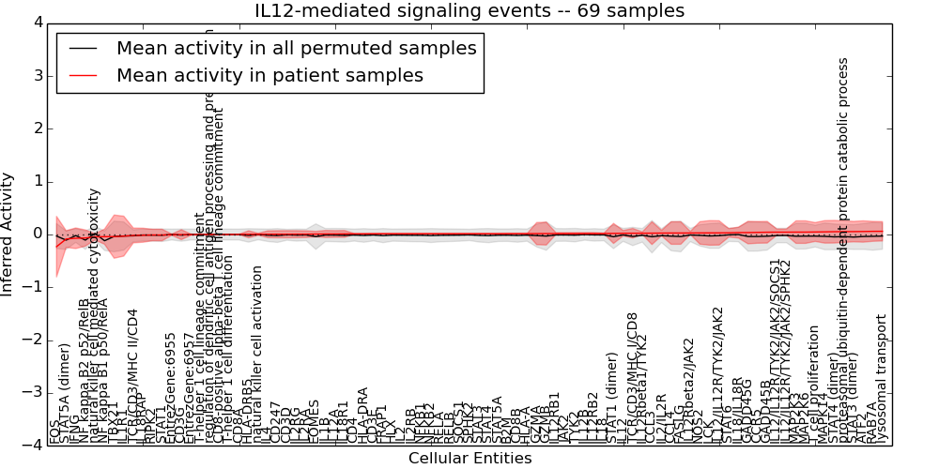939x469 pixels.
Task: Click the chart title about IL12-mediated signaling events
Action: [x=469, y=10]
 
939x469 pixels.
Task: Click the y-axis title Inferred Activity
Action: [x=8, y=234]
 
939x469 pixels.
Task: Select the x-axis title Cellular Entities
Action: [x=469, y=458]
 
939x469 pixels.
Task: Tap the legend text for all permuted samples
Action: [x=296, y=48]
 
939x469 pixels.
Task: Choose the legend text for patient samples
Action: [x=269, y=75]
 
